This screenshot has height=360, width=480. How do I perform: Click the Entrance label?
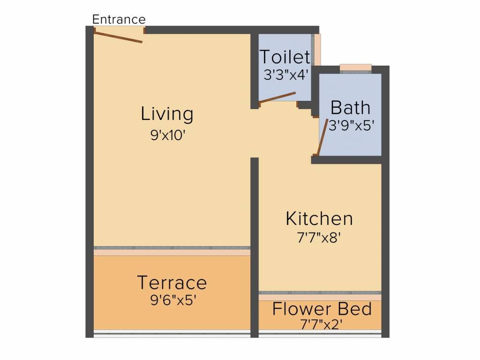(x=119, y=19)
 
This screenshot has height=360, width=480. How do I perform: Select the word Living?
(x=167, y=114)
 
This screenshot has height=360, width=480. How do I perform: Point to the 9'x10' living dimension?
(x=168, y=135)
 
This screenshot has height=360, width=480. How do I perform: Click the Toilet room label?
(x=285, y=57)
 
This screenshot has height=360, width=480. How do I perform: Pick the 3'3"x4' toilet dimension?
(x=285, y=75)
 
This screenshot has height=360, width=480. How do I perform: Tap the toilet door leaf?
(x=277, y=97)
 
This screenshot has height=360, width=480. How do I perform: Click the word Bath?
(x=351, y=108)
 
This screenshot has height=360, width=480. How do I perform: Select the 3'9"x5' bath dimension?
(x=352, y=125)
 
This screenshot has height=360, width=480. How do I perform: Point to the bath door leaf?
(x=322, y=136)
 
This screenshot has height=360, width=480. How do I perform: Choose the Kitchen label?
(x=319, y=219)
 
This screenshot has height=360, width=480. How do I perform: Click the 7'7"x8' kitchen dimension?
(x=319, y=238)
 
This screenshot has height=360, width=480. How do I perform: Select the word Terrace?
(x=172, y=282)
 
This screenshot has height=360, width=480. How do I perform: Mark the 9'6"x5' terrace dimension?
(x=173, y=300)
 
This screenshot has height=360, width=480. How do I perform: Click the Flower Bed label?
(x=322, y=309)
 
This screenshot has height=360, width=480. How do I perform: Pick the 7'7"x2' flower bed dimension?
(x=321, y=324)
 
